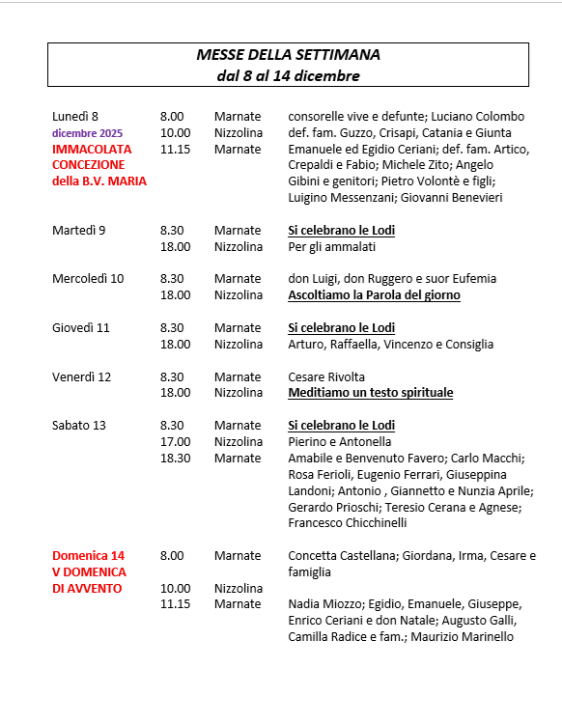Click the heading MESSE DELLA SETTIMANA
tap(288, 55)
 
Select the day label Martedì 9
tap(79, 231)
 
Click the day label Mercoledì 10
tap(88, 279)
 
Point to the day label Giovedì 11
tap(81, 327)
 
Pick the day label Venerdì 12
tap(82, 376)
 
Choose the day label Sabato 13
tap(78, 426)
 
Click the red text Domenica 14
tap(89, 555)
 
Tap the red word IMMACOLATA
tap(92, 150)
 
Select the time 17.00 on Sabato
tap(176, 442)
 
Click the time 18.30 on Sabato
tap(176, 458)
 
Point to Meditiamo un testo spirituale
tap(371, 393)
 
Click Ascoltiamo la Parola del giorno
tap(374, 295)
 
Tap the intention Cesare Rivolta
tap(326, 376)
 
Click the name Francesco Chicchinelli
tap(348, 522)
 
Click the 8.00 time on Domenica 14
tap(172, 555)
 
